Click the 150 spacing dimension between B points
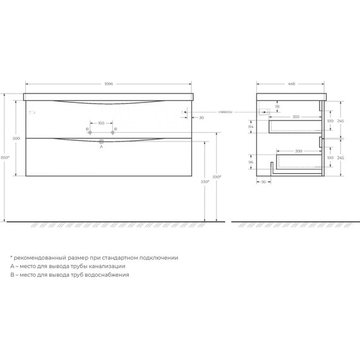point(102,123)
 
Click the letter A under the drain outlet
point(102,147)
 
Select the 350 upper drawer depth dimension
point(296,117)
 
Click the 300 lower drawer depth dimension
point(299,151)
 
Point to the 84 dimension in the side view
point(251,128)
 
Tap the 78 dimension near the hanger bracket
point(277,107)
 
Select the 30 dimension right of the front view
point(200,117)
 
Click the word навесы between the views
point(225,112)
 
